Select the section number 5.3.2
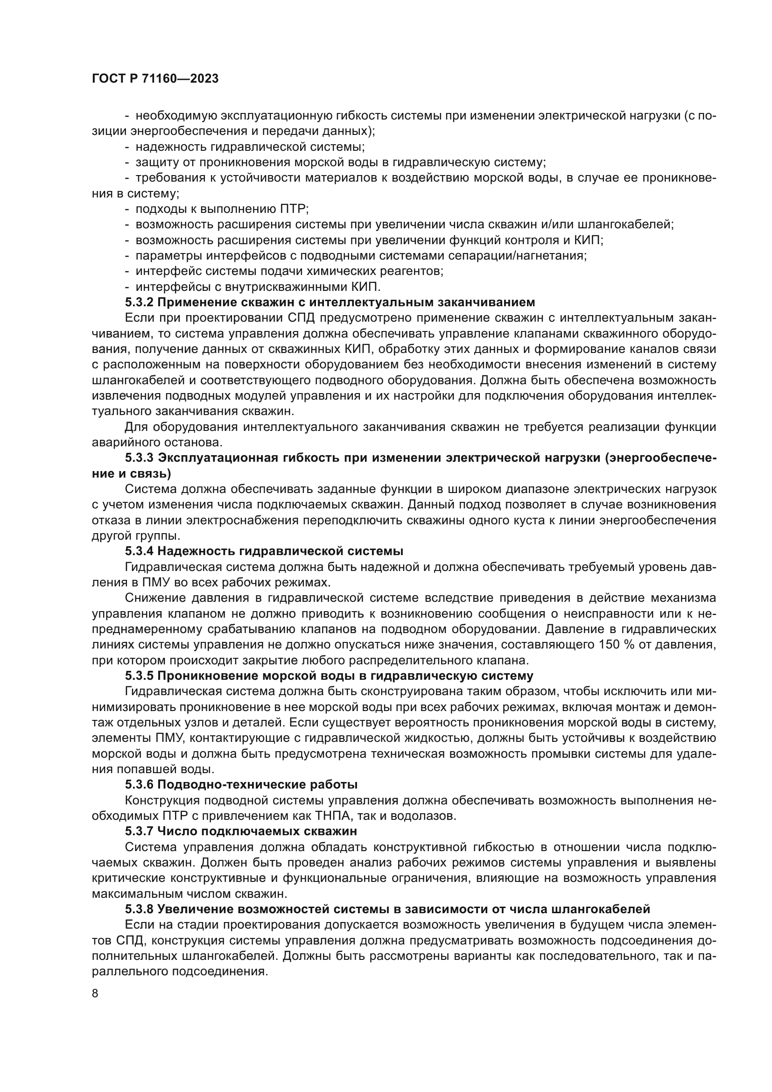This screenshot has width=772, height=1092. coord(139,303)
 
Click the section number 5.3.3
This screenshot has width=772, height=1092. coord(139,458)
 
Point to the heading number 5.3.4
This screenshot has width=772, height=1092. coord(139,551)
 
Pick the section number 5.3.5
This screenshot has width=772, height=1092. coord(139,676)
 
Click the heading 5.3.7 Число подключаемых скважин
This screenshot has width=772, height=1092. coord(240,831)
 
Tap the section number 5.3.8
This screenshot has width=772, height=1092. coord(139,909)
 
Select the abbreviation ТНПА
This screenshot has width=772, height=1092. coord(332,816)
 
